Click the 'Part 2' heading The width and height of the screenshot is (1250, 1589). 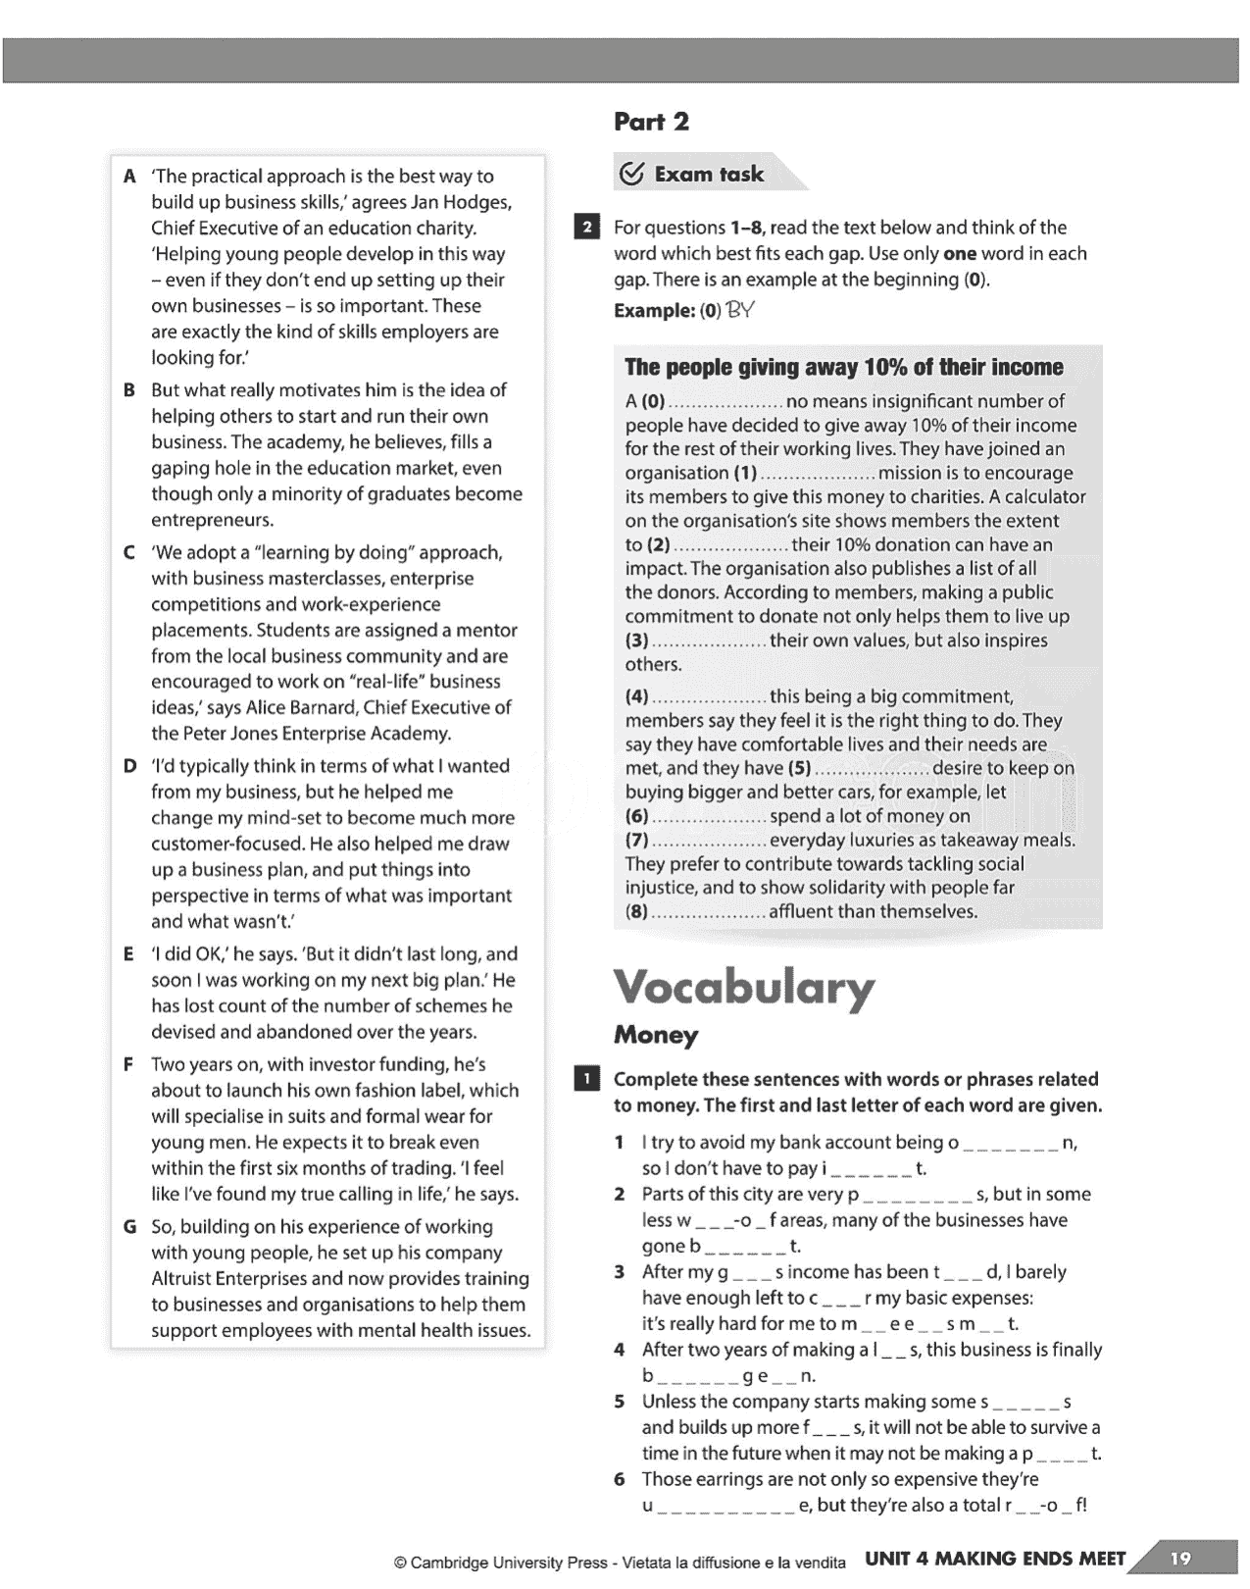(651, 122)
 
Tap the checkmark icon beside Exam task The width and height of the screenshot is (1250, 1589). (632, 174)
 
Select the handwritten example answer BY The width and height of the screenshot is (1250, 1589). (740, 310)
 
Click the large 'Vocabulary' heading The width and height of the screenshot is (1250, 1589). (743, 987)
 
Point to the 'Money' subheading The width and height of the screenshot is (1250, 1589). (656, 1035)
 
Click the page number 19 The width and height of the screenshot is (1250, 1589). (1180, 1559)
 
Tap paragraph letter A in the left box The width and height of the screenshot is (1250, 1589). (129, 177)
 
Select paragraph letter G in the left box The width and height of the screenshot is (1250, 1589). (129, 1227)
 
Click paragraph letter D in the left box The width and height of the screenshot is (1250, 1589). (129, 766)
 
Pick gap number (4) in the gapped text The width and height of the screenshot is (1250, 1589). (637, 696)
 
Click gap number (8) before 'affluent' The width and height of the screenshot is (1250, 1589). (637, 911)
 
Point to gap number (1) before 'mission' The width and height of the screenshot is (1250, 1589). (745, 473)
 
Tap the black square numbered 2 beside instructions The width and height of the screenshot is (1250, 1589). (586, 228)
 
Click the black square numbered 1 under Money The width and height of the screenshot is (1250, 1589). (586, 1080)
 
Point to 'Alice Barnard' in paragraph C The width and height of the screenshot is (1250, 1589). (301, 707)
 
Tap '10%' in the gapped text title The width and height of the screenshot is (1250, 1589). (884, 367)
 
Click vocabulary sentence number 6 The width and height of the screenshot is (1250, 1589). (620, 1479)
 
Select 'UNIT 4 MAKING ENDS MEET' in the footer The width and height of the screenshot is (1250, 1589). (995, 1559)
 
